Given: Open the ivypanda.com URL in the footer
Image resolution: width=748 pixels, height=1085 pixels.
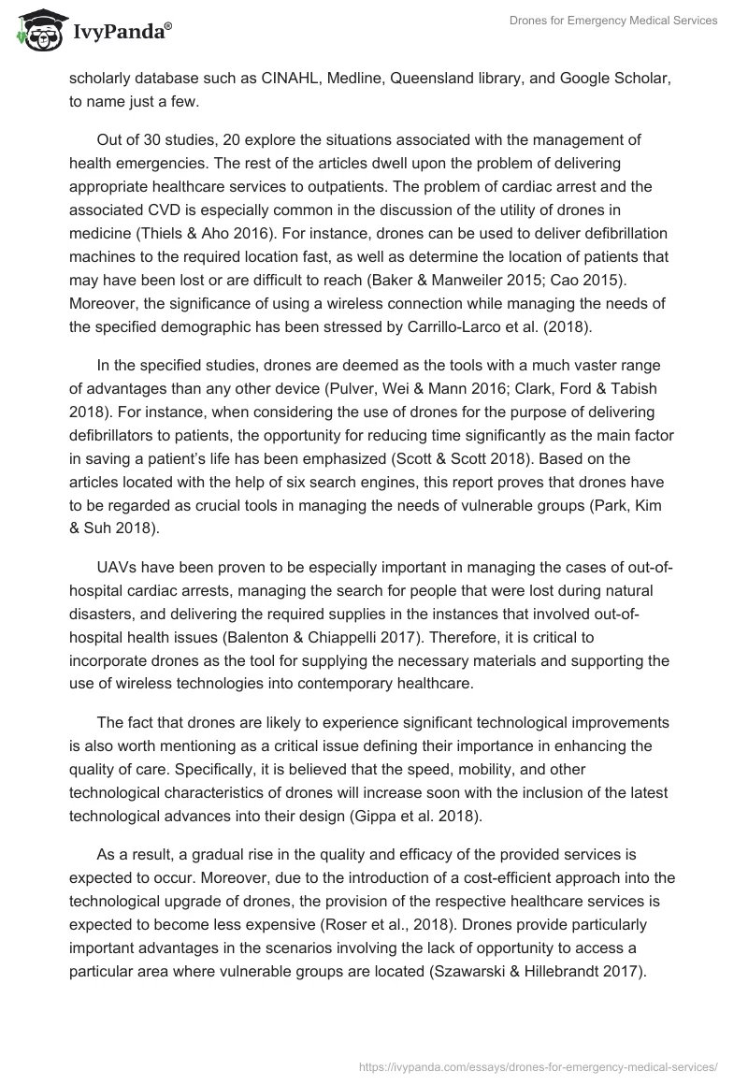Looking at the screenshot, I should [x=539, y=1065].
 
